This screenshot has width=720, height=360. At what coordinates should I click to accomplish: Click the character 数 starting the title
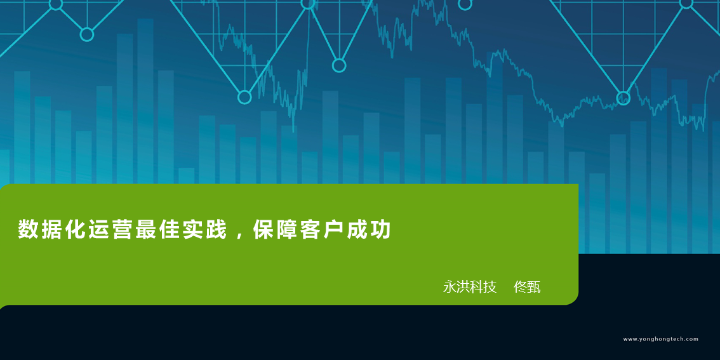[27, 230]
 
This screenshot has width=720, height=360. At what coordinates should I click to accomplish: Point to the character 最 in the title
[145, 230]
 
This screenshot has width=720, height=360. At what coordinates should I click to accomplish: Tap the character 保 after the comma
[262, 230]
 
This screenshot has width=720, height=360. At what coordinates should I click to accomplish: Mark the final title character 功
[382, 230]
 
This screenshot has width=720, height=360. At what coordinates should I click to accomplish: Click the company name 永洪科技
[470, 287]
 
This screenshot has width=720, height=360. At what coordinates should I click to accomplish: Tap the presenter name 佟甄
[527, 287]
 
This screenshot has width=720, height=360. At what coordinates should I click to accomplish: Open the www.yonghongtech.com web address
[661, 339]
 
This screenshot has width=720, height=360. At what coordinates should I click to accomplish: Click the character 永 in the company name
[450, 287]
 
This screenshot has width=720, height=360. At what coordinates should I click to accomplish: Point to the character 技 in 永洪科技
[490, 287]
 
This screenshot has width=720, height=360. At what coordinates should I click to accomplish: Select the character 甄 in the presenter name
[534, 287]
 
